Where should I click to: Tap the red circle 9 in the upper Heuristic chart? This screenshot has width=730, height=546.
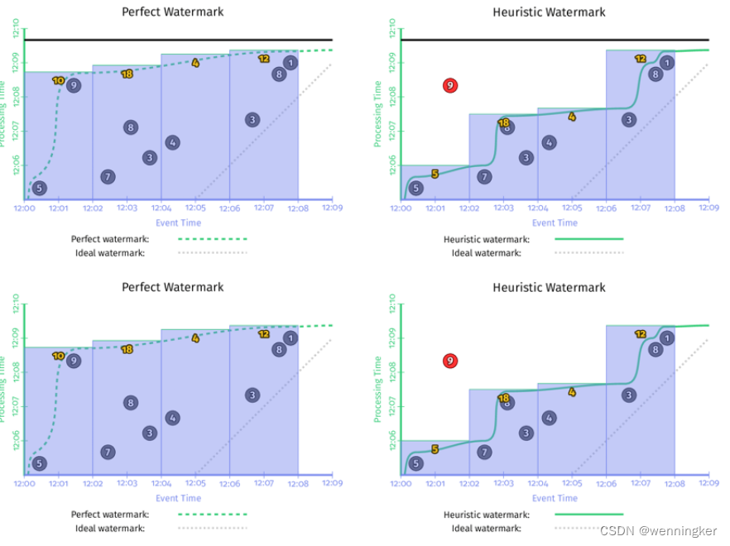[450, 85]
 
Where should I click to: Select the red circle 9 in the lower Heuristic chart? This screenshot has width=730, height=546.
[450, 361]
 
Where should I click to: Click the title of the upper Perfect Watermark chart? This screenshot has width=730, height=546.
[172, 12]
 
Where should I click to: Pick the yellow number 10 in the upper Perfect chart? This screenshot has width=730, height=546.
[58, 80]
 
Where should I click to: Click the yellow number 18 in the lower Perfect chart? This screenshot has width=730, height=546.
[127, 349]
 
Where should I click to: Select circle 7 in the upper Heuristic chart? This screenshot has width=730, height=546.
[485, 176]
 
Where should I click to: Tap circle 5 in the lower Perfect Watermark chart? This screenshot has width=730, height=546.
[39, 463]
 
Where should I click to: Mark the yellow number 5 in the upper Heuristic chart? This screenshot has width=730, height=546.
[435, 174]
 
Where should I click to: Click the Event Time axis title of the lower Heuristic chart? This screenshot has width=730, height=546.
[555, 498]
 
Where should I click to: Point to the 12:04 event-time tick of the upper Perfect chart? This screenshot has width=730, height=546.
[161, 209]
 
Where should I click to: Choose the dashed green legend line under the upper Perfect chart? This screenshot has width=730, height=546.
[213, 239]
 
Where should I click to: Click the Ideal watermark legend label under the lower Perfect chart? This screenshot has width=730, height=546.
[108, 528]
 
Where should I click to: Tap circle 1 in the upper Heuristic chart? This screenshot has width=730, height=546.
[667, 63]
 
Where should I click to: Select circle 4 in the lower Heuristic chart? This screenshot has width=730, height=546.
[549, 418]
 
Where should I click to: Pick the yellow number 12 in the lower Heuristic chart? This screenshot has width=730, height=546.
[641, 334]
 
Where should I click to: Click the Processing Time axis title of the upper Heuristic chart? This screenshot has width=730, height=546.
[377, 114]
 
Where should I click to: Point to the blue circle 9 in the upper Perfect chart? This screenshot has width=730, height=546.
[74, 85]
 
